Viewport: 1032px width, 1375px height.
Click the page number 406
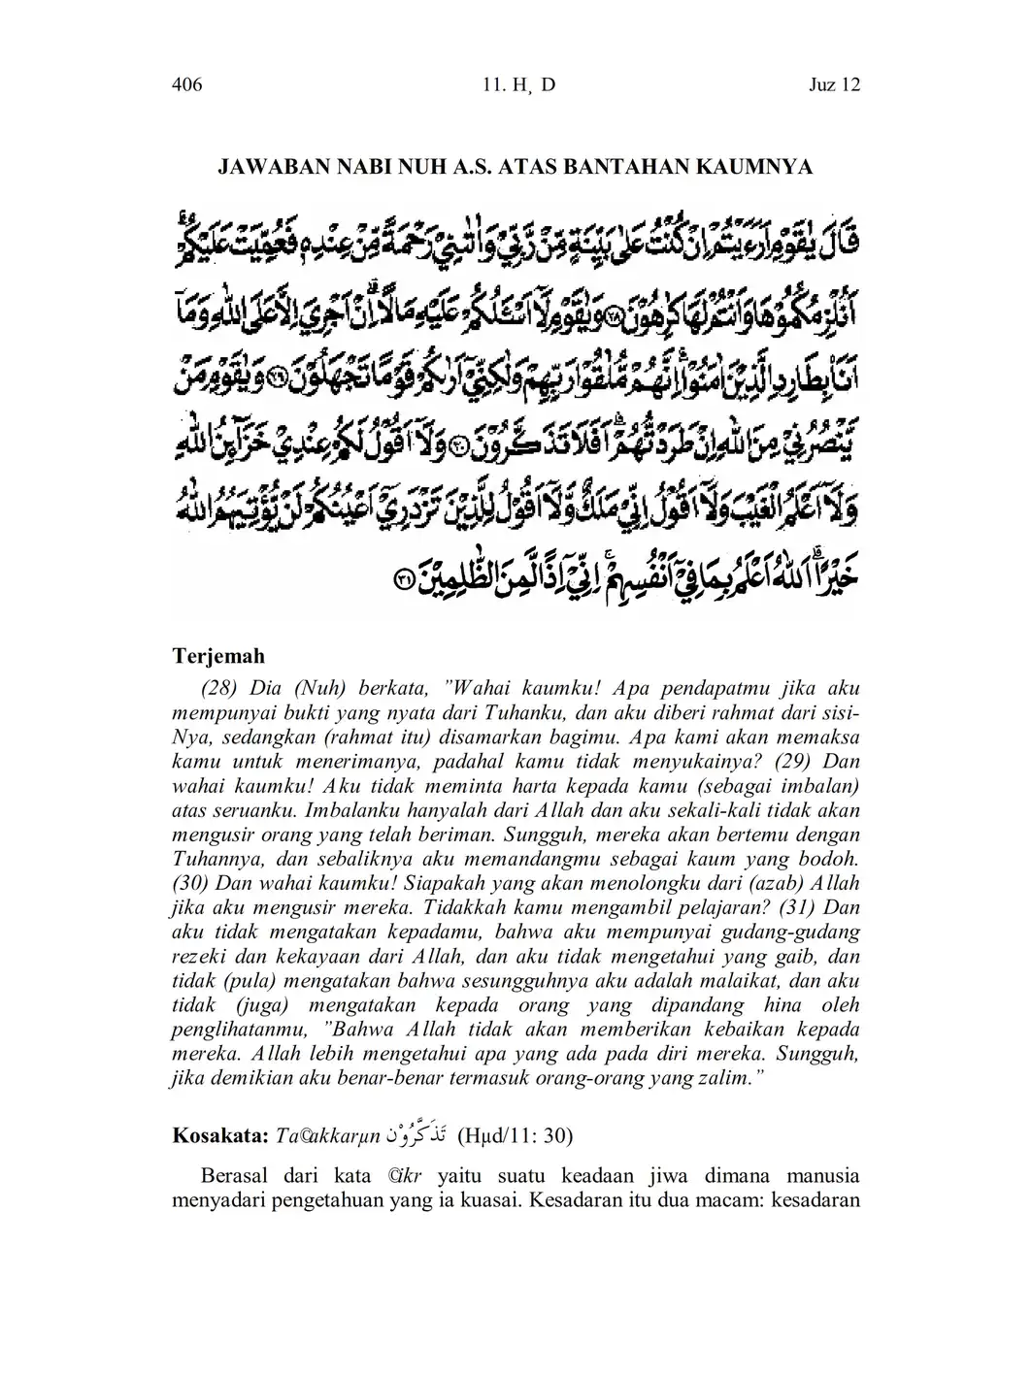186,85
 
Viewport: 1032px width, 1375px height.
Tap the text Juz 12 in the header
834,85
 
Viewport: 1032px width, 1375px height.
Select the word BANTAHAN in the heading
641,167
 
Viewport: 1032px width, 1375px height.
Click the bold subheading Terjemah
218,657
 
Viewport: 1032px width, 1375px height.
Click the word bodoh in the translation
833,859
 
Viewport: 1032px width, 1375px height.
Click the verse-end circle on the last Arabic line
404,581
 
